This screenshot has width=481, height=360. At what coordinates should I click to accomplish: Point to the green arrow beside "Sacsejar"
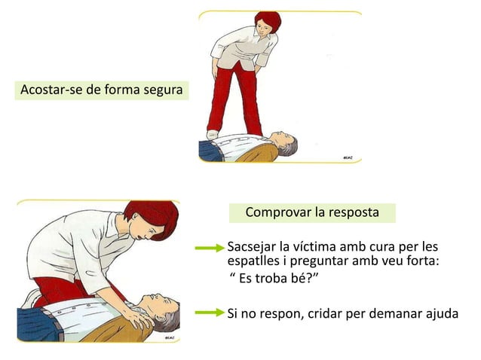[x=210, y=248]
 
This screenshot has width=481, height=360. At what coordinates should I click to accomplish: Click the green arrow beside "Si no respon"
[x=210, y=313]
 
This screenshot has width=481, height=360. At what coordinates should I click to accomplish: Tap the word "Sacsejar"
[x=252, y=248]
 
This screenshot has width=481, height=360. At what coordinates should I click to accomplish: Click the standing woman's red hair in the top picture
[x=268, y=20]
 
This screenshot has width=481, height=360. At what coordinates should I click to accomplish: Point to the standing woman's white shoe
[x=213, y=135]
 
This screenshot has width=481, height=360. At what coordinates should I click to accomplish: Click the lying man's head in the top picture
[x=284, y=144]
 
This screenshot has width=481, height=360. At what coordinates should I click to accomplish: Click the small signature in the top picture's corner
[x=348, y=158]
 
